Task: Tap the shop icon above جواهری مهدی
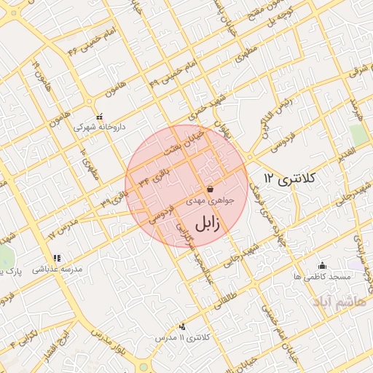point(210,188)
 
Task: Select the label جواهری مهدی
point(210,199)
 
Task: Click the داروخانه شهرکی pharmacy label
point(100,126)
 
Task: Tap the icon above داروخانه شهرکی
point(100,116)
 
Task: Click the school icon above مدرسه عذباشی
point(56,258)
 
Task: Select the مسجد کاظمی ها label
point(322,277)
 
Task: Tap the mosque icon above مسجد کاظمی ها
point(322,265)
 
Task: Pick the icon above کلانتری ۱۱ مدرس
point(181,327)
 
